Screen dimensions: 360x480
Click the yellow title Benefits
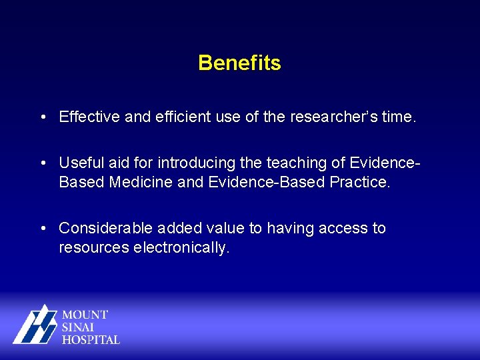click(x=239, y=63)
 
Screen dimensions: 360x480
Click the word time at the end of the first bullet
click(x=399, y=118)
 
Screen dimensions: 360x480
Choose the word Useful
click(x=79, y=163)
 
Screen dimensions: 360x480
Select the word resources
click(x=94, y=248)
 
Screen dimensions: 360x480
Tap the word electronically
click(x=181, y=248)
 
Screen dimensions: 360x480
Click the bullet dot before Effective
click(x=42, y=118)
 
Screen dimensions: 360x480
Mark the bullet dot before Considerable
click(x=42, y=228)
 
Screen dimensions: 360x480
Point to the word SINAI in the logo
click(x=79, y=327)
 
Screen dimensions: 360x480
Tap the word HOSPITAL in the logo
click(x=91, y=339)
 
